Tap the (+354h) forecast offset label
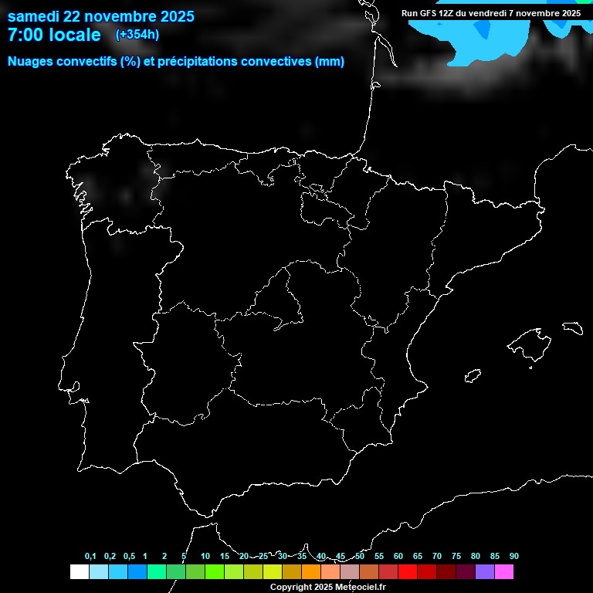pos(137,35)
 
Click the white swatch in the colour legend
pos(79,572)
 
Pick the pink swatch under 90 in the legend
pos(504,572)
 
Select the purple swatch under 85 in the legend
pos(485,572)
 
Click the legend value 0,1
pos(90,557)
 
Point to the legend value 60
pos(398,557)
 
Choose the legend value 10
pos(205,557)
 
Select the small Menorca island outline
pos(572,327)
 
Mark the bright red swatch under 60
pos(408,572)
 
